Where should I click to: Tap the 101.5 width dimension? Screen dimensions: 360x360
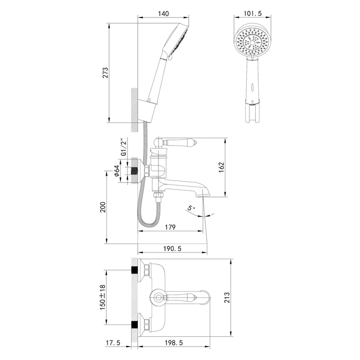[x=253, y=15]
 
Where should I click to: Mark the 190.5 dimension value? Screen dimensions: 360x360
[x=173, y=249]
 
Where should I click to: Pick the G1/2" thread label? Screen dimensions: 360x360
[x=123, y=147]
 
